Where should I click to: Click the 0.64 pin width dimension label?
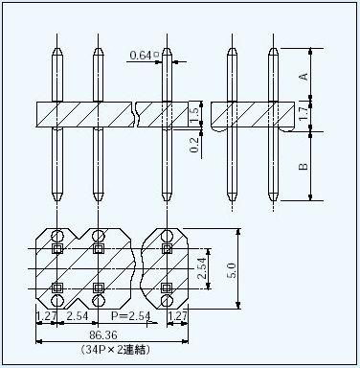point(141,56)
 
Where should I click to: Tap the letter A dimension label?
point(304,77)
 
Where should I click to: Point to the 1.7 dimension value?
point(304,113)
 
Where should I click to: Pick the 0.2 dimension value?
point(194,145)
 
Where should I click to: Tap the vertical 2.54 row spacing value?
point(202,268)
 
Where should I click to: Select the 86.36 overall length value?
point(103,335)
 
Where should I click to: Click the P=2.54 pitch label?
point(130,316)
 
